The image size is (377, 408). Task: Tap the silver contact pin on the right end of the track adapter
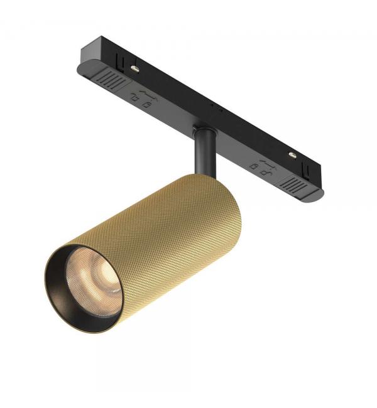coord(293,154)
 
